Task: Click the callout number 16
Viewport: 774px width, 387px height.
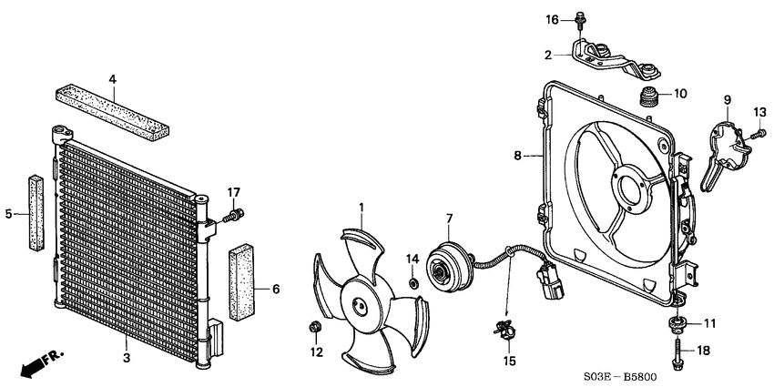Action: [553, 19]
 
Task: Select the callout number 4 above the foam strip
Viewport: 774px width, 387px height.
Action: [113, 80]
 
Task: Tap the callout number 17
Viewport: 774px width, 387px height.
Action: [234, 192]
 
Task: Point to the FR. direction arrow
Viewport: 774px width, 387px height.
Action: [32, 363]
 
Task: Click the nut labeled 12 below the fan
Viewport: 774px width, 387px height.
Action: [316, 327]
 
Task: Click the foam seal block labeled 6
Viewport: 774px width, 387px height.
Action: [242, 280]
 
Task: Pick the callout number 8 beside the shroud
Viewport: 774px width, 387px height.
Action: [518, 156]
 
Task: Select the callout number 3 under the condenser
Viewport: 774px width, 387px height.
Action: [127, 358]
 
